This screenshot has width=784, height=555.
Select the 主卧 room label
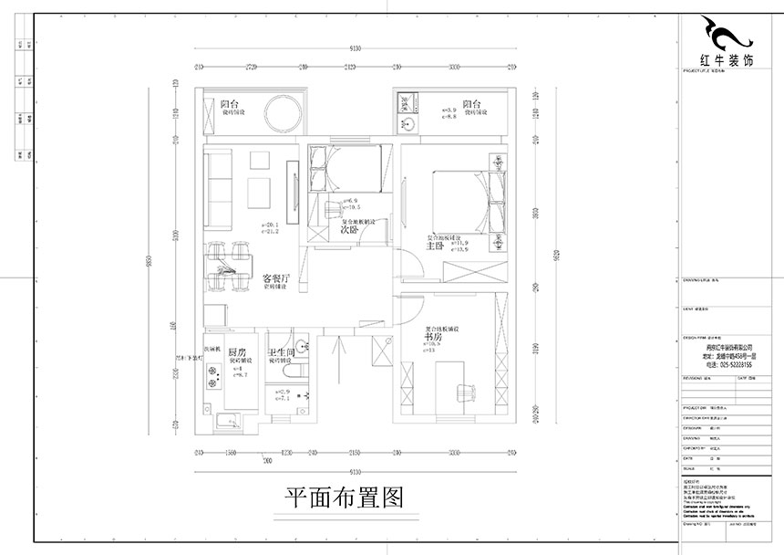pos(434,244)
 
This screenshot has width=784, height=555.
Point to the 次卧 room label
pos(348,230)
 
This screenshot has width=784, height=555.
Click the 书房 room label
pos(434,337)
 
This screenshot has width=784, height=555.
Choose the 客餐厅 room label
pos(275,277)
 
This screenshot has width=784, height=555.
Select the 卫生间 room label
pos(280,352)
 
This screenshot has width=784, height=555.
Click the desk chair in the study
pos(467,392)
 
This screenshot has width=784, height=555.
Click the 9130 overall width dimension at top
pos(355,48)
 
